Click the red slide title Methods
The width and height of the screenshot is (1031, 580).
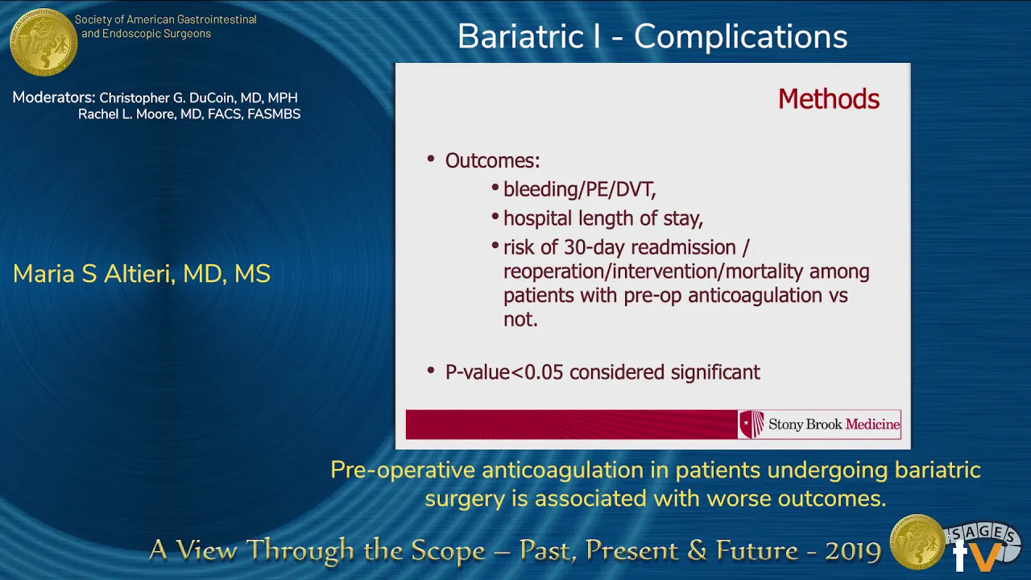point(829,98)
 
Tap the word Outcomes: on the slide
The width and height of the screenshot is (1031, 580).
point(492,160)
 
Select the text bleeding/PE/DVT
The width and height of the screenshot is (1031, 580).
point(579,189)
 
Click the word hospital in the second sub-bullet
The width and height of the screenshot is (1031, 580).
point(537,218)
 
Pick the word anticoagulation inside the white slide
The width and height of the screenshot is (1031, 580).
point(755,295)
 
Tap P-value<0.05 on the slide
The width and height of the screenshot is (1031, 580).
point(504,372)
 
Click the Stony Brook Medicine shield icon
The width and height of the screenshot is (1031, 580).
point(752,424)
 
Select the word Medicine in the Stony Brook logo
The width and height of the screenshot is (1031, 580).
point(872,424)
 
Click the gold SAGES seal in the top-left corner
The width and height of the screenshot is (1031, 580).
point(43,42)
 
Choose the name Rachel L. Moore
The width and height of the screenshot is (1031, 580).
point(127,114)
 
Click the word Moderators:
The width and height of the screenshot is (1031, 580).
point(54,97)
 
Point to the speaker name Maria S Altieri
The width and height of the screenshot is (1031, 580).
point(94,274)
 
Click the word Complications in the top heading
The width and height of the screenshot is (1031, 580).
point(740,37)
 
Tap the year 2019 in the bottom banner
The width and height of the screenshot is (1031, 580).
point(853,551)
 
